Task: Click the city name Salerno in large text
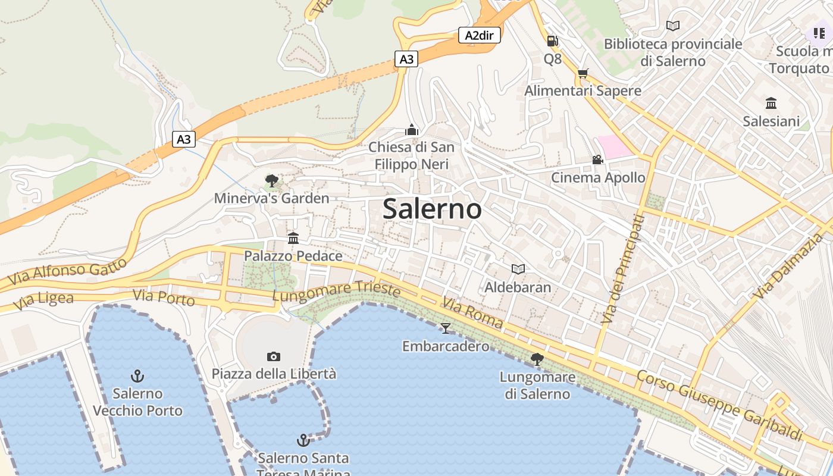click(432, 209)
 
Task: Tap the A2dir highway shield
click(479, 35)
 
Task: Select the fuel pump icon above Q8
click(552, 41)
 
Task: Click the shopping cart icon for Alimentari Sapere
click(583, 73)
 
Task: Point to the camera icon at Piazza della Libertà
click(274, 356)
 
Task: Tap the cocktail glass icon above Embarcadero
click(445, 328)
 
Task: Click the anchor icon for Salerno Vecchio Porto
click(137, 375)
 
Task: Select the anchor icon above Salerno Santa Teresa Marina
click(303, 440)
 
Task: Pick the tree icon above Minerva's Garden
click(272, 180)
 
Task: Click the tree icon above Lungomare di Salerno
click(537, 359)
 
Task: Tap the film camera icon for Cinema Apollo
click(597, 159)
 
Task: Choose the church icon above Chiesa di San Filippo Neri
click(411, 129)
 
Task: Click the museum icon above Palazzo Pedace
click(293, 238)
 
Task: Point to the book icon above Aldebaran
click(518, 269)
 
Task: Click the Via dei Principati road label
click(622, 269)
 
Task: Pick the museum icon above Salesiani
click(771, 103)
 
